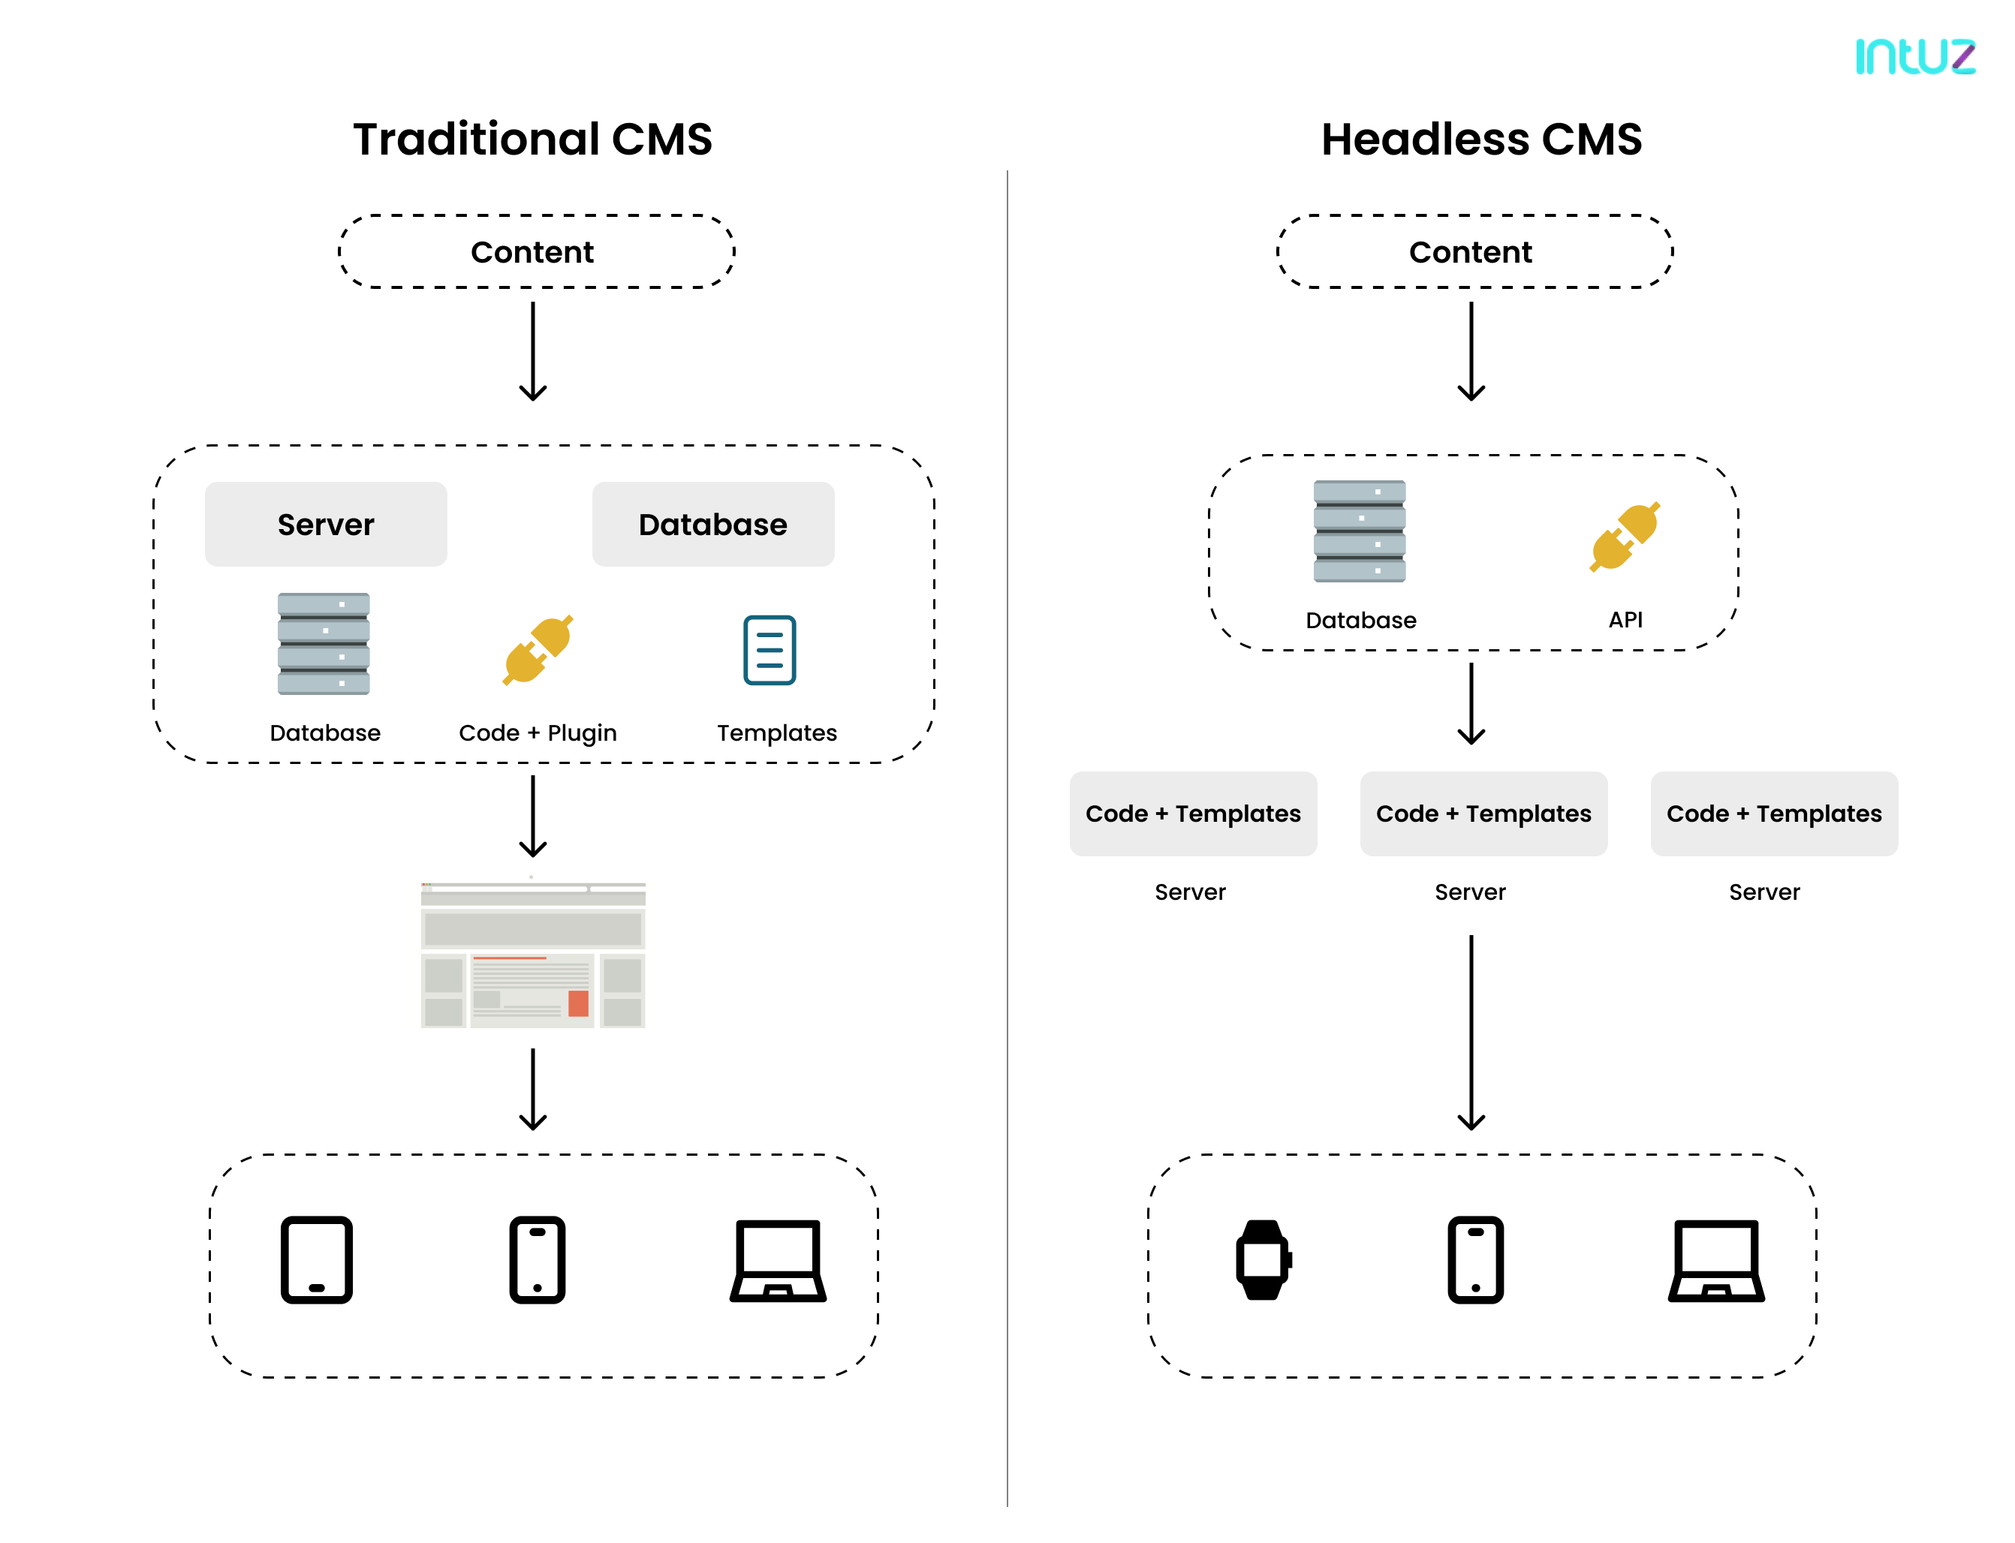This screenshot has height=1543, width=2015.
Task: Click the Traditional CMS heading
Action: tap(532, 140)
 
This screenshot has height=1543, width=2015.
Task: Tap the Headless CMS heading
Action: tap(1480, 140)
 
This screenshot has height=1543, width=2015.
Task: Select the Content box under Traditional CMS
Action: tap(532, 251)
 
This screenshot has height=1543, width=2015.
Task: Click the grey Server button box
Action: tap(325, 524)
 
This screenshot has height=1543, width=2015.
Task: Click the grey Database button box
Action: tap(712, 524)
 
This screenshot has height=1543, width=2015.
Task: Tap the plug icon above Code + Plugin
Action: tap(538, 649)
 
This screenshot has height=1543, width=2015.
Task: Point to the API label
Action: tap(1625, 619)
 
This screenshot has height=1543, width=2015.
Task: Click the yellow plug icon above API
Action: tap(1625, 537)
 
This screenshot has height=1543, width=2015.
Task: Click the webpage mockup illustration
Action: tap(533, 955)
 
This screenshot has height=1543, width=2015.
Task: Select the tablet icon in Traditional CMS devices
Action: tap(316, 1259)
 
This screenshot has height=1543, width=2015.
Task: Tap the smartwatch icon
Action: tap(1263, 1259)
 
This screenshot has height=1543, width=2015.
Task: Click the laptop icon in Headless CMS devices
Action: tap(1715, 1259)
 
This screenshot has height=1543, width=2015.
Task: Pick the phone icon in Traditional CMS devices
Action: tap(538, 1259)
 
